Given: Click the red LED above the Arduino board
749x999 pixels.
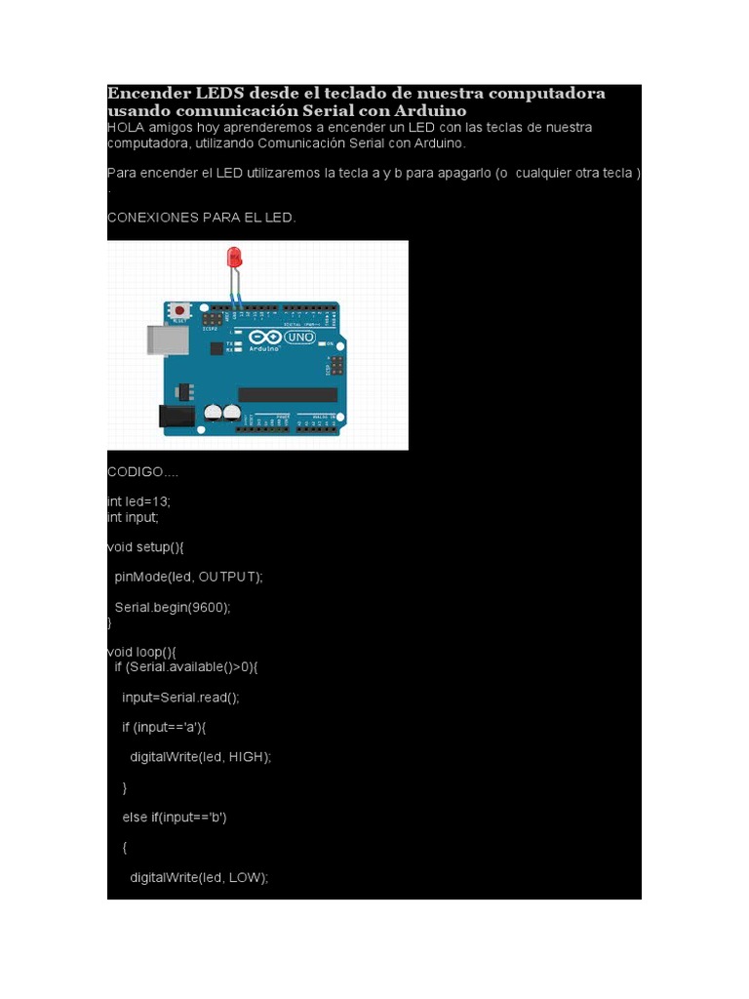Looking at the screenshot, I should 234,258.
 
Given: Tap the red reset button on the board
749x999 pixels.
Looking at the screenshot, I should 179,311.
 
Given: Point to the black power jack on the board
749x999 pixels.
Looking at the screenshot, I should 176,416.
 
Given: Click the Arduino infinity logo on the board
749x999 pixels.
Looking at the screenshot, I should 263,336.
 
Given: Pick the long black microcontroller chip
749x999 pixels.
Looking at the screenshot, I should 288,394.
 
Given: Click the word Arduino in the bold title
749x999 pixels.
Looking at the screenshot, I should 427,111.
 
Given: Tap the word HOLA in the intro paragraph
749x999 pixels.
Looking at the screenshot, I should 125,128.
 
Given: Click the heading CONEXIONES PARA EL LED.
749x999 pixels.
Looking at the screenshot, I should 201,218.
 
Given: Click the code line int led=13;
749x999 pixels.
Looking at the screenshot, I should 138,500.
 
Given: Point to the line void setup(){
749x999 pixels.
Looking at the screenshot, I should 145,547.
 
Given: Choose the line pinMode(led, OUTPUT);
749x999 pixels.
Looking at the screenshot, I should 188,577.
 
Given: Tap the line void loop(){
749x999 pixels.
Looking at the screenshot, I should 141,652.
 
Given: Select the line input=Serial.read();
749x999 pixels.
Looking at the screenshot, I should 180,698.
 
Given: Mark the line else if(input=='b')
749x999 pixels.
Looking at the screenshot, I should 175,818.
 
